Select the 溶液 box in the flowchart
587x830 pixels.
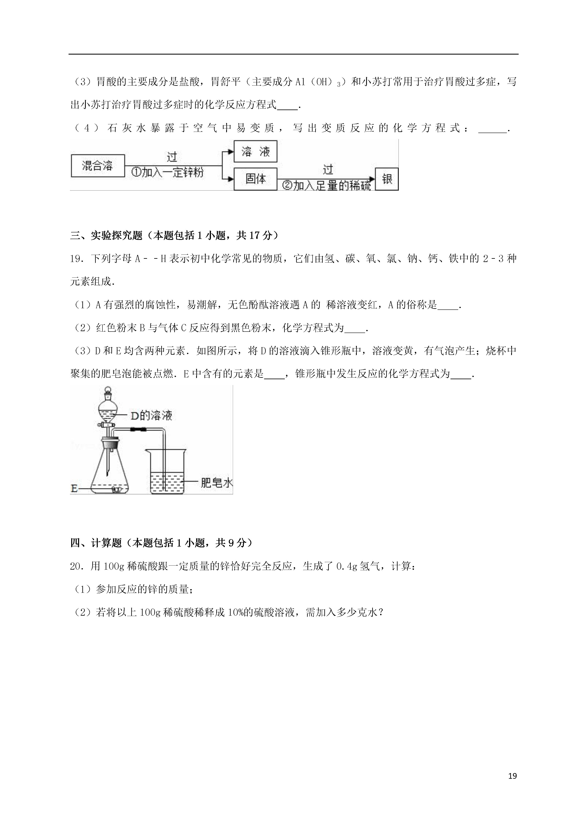(x=255, y=151)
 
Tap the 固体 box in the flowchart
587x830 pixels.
(x=255, y=179)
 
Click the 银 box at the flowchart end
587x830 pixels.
(x=387, y=179)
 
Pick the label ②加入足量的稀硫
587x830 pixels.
(x=326, y=186)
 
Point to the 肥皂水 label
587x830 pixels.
(x=216, y=483)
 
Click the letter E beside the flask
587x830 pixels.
(x=74, y=489)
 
